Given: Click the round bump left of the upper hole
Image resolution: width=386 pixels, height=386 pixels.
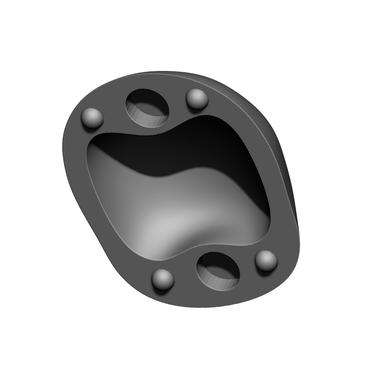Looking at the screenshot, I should [92, 118].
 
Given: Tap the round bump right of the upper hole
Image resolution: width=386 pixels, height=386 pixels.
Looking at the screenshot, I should [197, 99].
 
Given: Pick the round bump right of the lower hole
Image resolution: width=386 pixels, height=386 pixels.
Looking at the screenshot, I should [266, 261].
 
